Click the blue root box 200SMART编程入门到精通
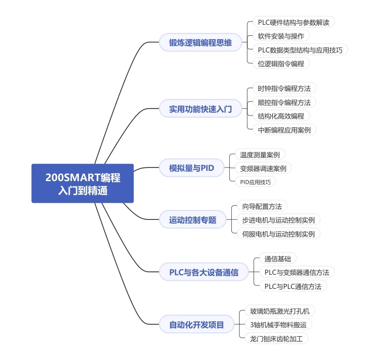(82, 183)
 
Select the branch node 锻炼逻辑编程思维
(201, 42)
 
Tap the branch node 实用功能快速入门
(201, 108)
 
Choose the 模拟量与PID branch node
(191, 168)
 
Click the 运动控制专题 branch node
(193, 219)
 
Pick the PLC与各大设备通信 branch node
(204, 272)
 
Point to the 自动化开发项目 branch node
(197, 324)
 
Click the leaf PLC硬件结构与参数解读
(294, 22)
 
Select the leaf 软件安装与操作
(281, 36)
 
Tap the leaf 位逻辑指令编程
(281, 63)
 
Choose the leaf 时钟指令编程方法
(284, 88)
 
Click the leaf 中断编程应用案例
(284, 130)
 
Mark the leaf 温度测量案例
(260, 154)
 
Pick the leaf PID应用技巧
(255, 182)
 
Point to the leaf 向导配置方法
(262, 206)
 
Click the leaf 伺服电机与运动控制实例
(279, 234)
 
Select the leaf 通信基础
(278, 259)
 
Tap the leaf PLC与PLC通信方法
(293, 286)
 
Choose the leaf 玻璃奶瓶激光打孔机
(280, 311)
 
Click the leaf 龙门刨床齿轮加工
(277, 338)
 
